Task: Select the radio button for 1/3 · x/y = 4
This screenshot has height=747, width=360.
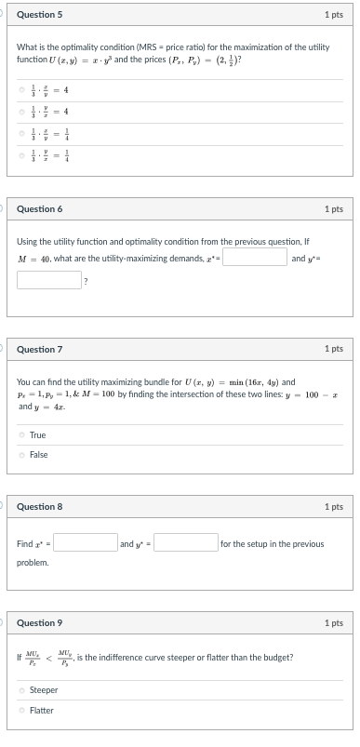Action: click(x=22, y=90)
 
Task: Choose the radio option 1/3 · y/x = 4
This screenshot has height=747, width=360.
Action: click(x=22, y=110)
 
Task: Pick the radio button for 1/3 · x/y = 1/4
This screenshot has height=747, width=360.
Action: click(x=22, y=129)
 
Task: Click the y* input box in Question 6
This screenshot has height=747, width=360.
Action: click(x=48, y=279)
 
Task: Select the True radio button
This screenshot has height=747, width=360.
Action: click(x=22, y=435)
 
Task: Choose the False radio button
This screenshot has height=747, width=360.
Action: click(x=22, y=455)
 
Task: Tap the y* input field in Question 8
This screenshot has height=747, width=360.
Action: click(x=185, y=542)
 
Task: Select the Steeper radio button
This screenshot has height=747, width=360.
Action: click(x=22, y=690)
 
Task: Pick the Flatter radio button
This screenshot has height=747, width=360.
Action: click(x=22, y=710)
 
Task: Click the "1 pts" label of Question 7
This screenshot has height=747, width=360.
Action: click(x=334, y=349)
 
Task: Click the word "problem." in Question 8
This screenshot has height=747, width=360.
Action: click(x=33, y=563)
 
